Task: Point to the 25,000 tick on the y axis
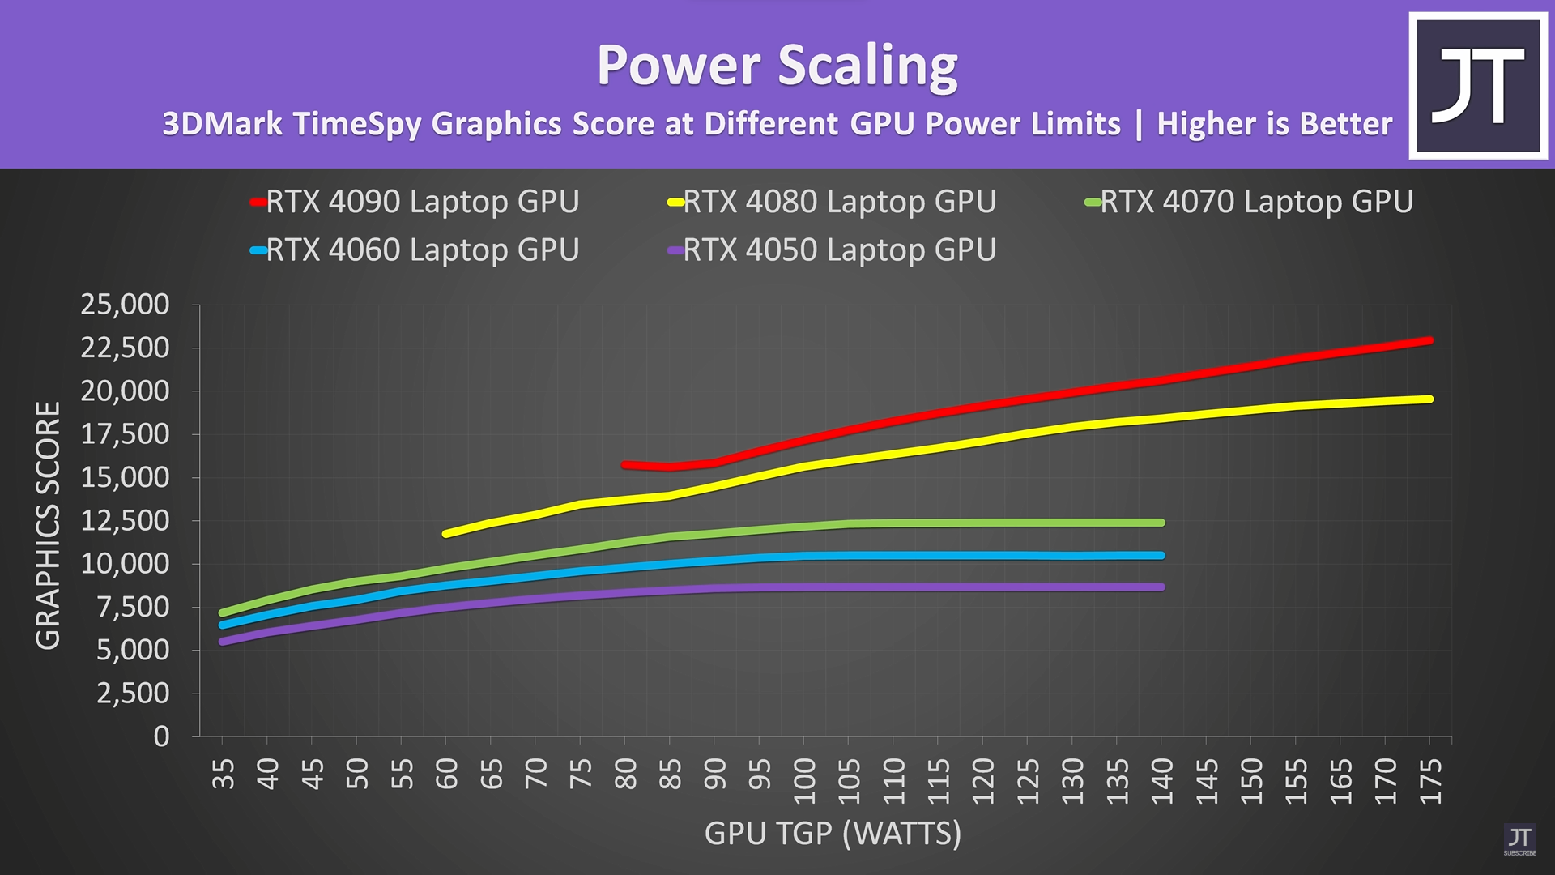(x=125, y=305)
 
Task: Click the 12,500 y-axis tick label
(x=125, y=520)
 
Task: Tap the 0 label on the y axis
(x=162, y=736)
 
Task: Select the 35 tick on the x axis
(x=223, y=774)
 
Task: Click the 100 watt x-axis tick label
(x=804, y=781)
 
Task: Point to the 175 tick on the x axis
(x=1430, y=781)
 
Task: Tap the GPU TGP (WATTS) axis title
(x=833, y=834)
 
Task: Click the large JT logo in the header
(x=1478, y=85)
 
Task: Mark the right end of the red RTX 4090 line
(x=1429, y=341)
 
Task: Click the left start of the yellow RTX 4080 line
(x=445, y=534)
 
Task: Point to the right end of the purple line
(x=1161, y=587)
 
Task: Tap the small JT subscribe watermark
(x=1519, y=839)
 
